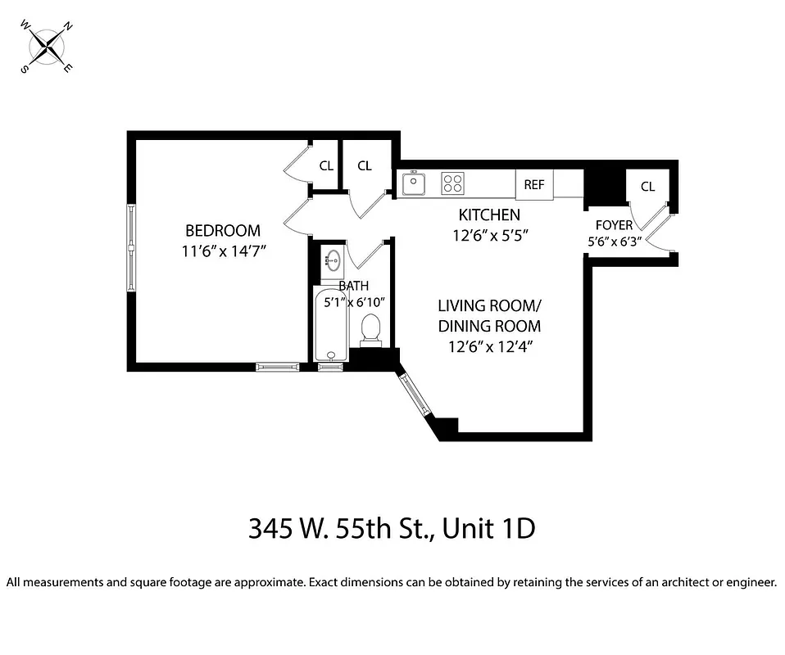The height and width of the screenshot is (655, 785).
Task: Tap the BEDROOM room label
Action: coord(222,231)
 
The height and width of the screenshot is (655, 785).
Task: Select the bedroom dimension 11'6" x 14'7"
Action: coord(222,252)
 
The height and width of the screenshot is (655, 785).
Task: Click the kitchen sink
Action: coord(415,183)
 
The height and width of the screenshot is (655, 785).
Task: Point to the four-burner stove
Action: coord(452,183)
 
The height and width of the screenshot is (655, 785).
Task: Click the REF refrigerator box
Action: coord(534,184)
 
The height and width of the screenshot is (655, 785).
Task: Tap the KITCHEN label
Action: coord(488,215)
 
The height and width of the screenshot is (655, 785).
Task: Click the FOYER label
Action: coord(614,225)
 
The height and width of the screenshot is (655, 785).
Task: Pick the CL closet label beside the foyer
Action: coord(647,187)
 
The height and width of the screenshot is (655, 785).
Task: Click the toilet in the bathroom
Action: coord(370,329)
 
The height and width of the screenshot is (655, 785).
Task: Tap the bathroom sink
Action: coord(332,262)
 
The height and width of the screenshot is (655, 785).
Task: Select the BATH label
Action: coord(354,286)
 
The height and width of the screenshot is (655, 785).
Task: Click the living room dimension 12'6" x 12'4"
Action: coord(490,346)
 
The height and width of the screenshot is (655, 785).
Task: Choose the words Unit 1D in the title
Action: coord(489,528)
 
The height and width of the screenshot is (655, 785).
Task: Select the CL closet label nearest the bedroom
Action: coord(326,165)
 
